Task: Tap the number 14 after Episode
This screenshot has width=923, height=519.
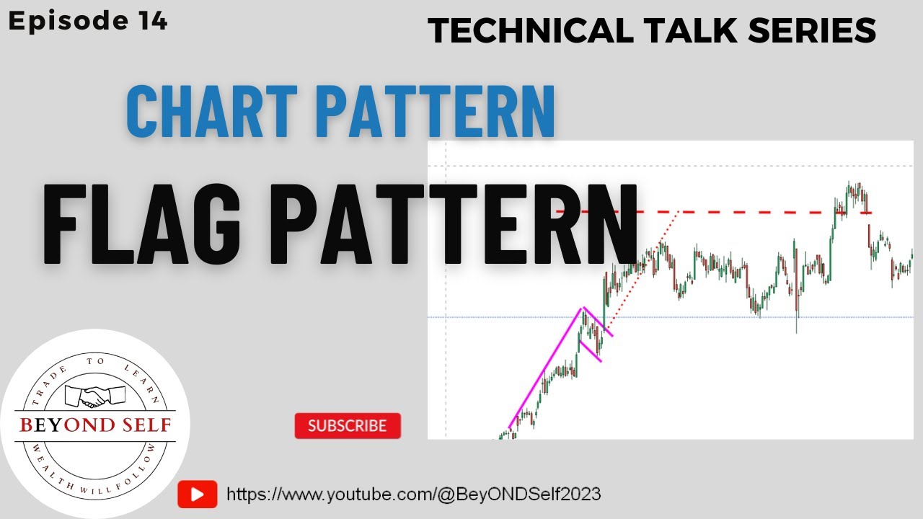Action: point(150,21)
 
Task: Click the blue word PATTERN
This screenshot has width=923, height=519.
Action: point(436,112)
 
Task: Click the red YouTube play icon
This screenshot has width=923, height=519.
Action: point(197,494)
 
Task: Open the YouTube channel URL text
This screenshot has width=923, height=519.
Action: point(414,494)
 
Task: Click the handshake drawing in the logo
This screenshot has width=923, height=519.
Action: point(95,396)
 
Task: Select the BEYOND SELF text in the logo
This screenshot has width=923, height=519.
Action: point(95,425)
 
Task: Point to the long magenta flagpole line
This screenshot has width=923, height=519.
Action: point(544,368)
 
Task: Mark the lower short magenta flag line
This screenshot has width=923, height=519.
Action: point(590,351)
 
